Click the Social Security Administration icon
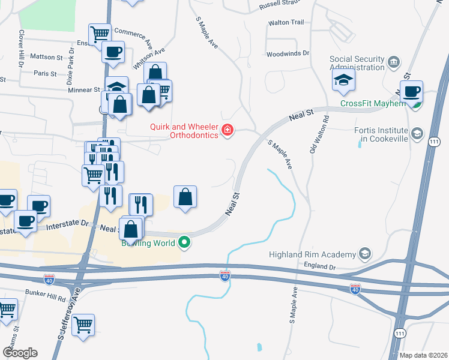pos(394,62)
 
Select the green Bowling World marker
pos(185,243)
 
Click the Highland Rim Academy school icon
pos(364,254)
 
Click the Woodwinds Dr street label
pos(288,53)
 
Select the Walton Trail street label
pos(286,22)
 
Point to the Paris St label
pos(45,74)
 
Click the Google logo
pos(20,352)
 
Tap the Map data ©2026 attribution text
pos(423,355)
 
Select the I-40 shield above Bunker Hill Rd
pos(49,279)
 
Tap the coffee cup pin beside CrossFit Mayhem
pos(411,92)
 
